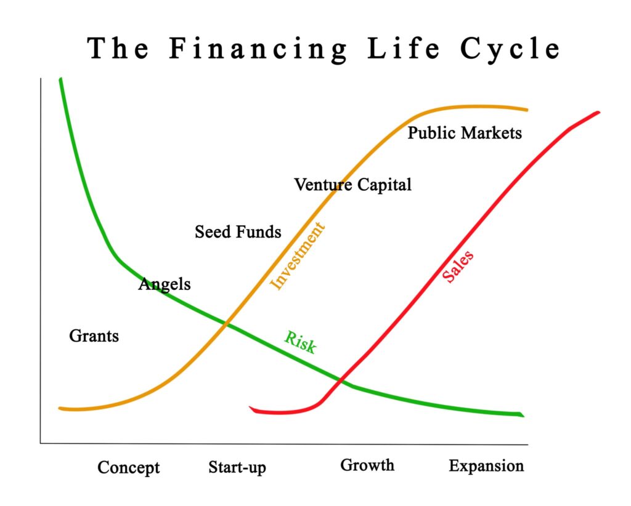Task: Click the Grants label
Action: click(x=94, y=336)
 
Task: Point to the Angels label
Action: click(x=164, y=284)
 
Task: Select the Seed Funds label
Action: click(x=238, y=232)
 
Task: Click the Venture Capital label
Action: click(x=352, y=185)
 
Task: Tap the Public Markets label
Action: click(x=465, y=133)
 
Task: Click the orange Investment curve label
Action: click(x=297, y=255)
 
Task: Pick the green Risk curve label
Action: click(x=300, y=342)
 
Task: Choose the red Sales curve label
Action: click(x=458, y=267)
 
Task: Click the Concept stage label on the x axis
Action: click(x=128, y=468)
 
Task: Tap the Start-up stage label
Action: click(x=237, y=467)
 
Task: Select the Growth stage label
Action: click(x=367, y=465)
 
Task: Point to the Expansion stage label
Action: click(x=486, y=466)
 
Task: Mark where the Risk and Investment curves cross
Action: click(x=226, y=324)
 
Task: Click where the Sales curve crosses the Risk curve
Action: click(x=340, y=380)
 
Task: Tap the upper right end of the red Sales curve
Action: click(x=598, y=113)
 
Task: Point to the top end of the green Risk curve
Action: click(x=60, y=79)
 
